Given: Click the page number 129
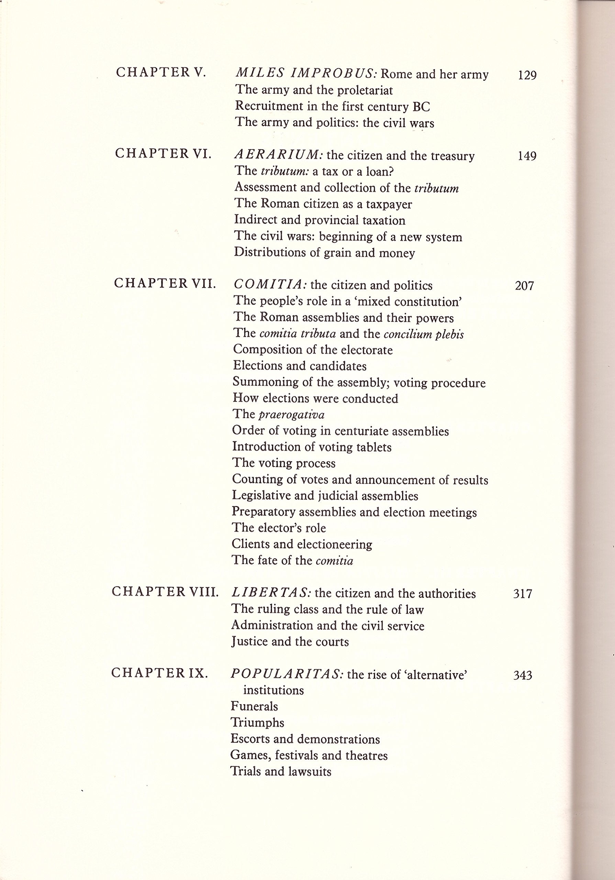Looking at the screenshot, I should (527, 75).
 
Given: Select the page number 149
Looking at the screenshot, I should (527, 156).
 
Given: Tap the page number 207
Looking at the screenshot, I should (524, 286).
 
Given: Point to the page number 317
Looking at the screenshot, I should (523, 594).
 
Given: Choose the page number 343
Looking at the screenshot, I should (523, 675).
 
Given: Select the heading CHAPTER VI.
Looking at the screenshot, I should (163, 154).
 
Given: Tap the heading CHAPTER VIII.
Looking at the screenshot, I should (165, 592).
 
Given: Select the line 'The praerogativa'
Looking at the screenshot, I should (278, 414).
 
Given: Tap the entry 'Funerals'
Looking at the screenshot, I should (254, 706).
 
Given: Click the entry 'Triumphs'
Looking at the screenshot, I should (257, 723).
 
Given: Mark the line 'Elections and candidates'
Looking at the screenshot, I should (300, 366).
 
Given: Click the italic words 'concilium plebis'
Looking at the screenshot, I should (423, 334).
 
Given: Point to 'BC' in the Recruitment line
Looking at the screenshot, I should (421, 107).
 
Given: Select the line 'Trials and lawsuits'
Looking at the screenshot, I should (281, 771).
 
